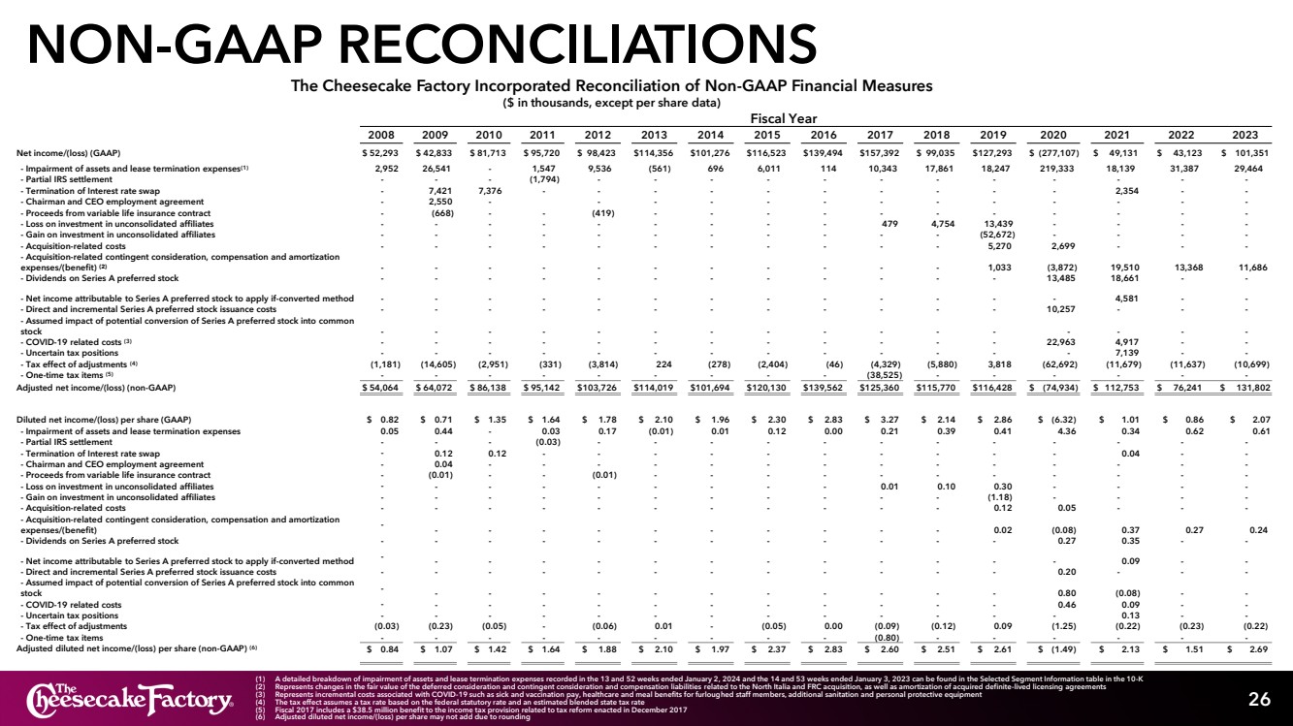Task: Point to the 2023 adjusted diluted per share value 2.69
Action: pyautogui.click(x=1249, y=648)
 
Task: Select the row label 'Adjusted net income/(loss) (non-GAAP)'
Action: pyautogui.click(x=96, y=387)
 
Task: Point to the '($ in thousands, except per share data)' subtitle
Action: pyautogui.click(x=613, y=102)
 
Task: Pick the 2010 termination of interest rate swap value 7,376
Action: pyautogui.click(x=491, y=190)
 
